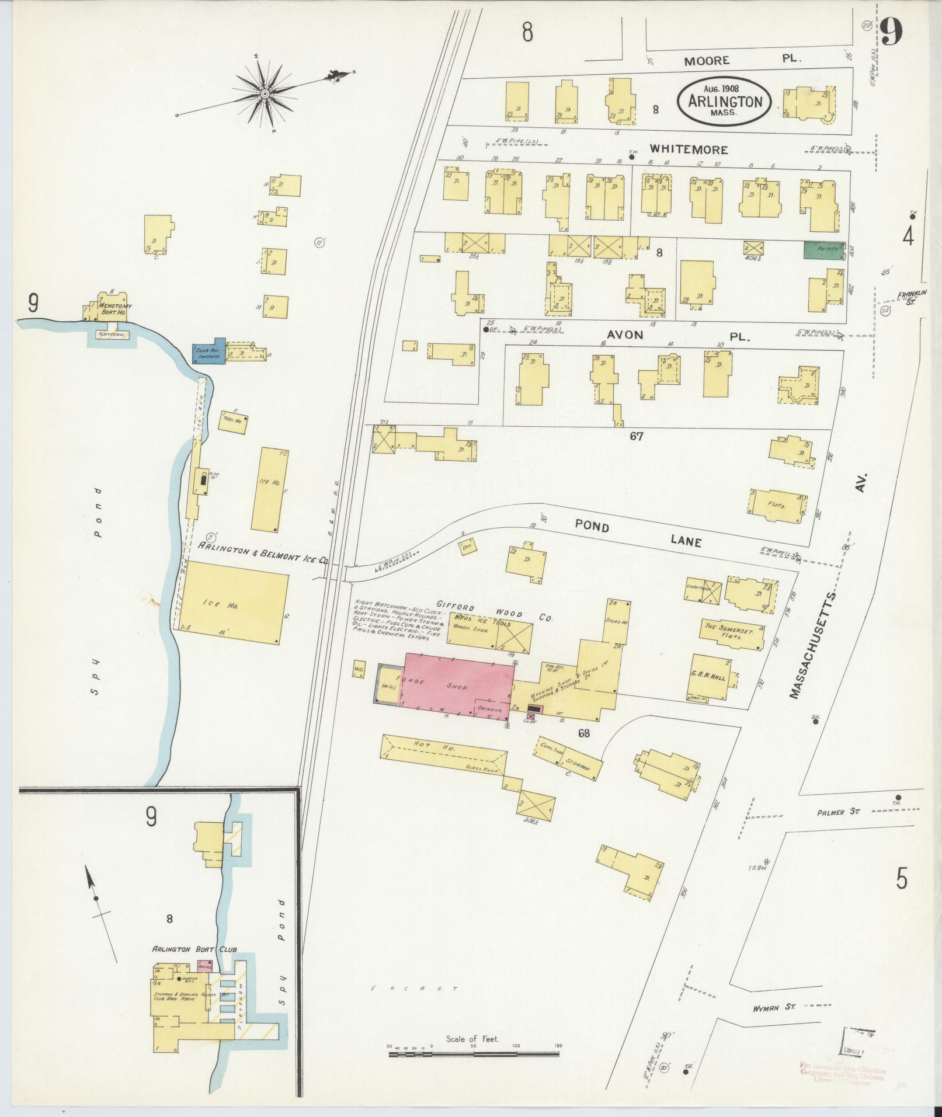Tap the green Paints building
pyautogui.click(x=824, y=249)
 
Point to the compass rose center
pyautogui.click(x=265, y=93)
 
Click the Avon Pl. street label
pyautogui.click(x=672, y=336)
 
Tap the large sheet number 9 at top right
pyautogui.click(x=892, y=32)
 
